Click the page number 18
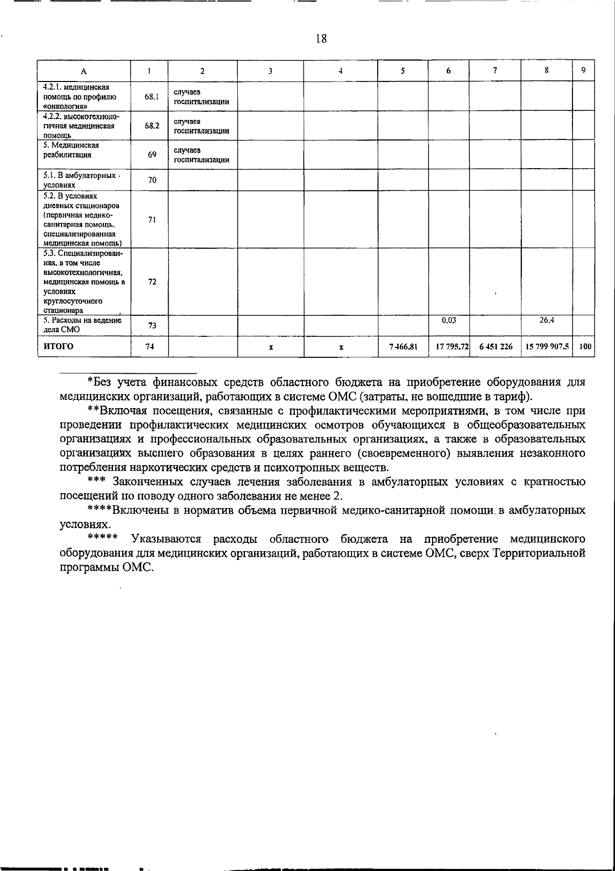(321, 38)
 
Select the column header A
(84, 71)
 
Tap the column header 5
(403, 71)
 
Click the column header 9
(584, 71)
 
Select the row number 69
(152, 154)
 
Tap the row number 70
(152, 180)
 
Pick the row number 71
(152, 219)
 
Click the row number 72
(152, 281)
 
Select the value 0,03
(448, 320)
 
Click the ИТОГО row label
(58, 346)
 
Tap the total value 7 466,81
(403, 347)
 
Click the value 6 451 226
(496, 347)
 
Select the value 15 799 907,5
(546, 347)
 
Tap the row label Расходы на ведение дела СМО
(82, 325)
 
